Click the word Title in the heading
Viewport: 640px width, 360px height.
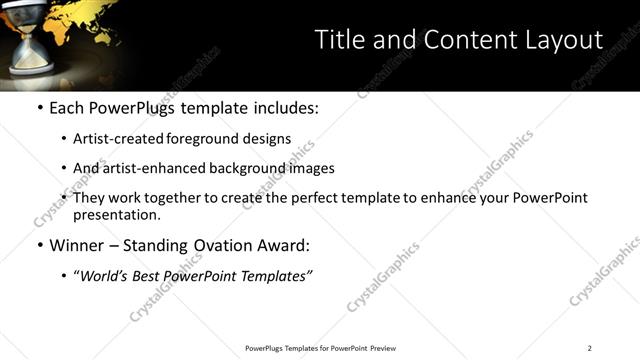[x=337, y=40]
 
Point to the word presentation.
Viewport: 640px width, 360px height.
[x=116, y=215]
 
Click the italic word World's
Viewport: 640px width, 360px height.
[x=103, y=276]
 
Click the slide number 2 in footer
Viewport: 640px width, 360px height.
[x=590, y=348]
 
